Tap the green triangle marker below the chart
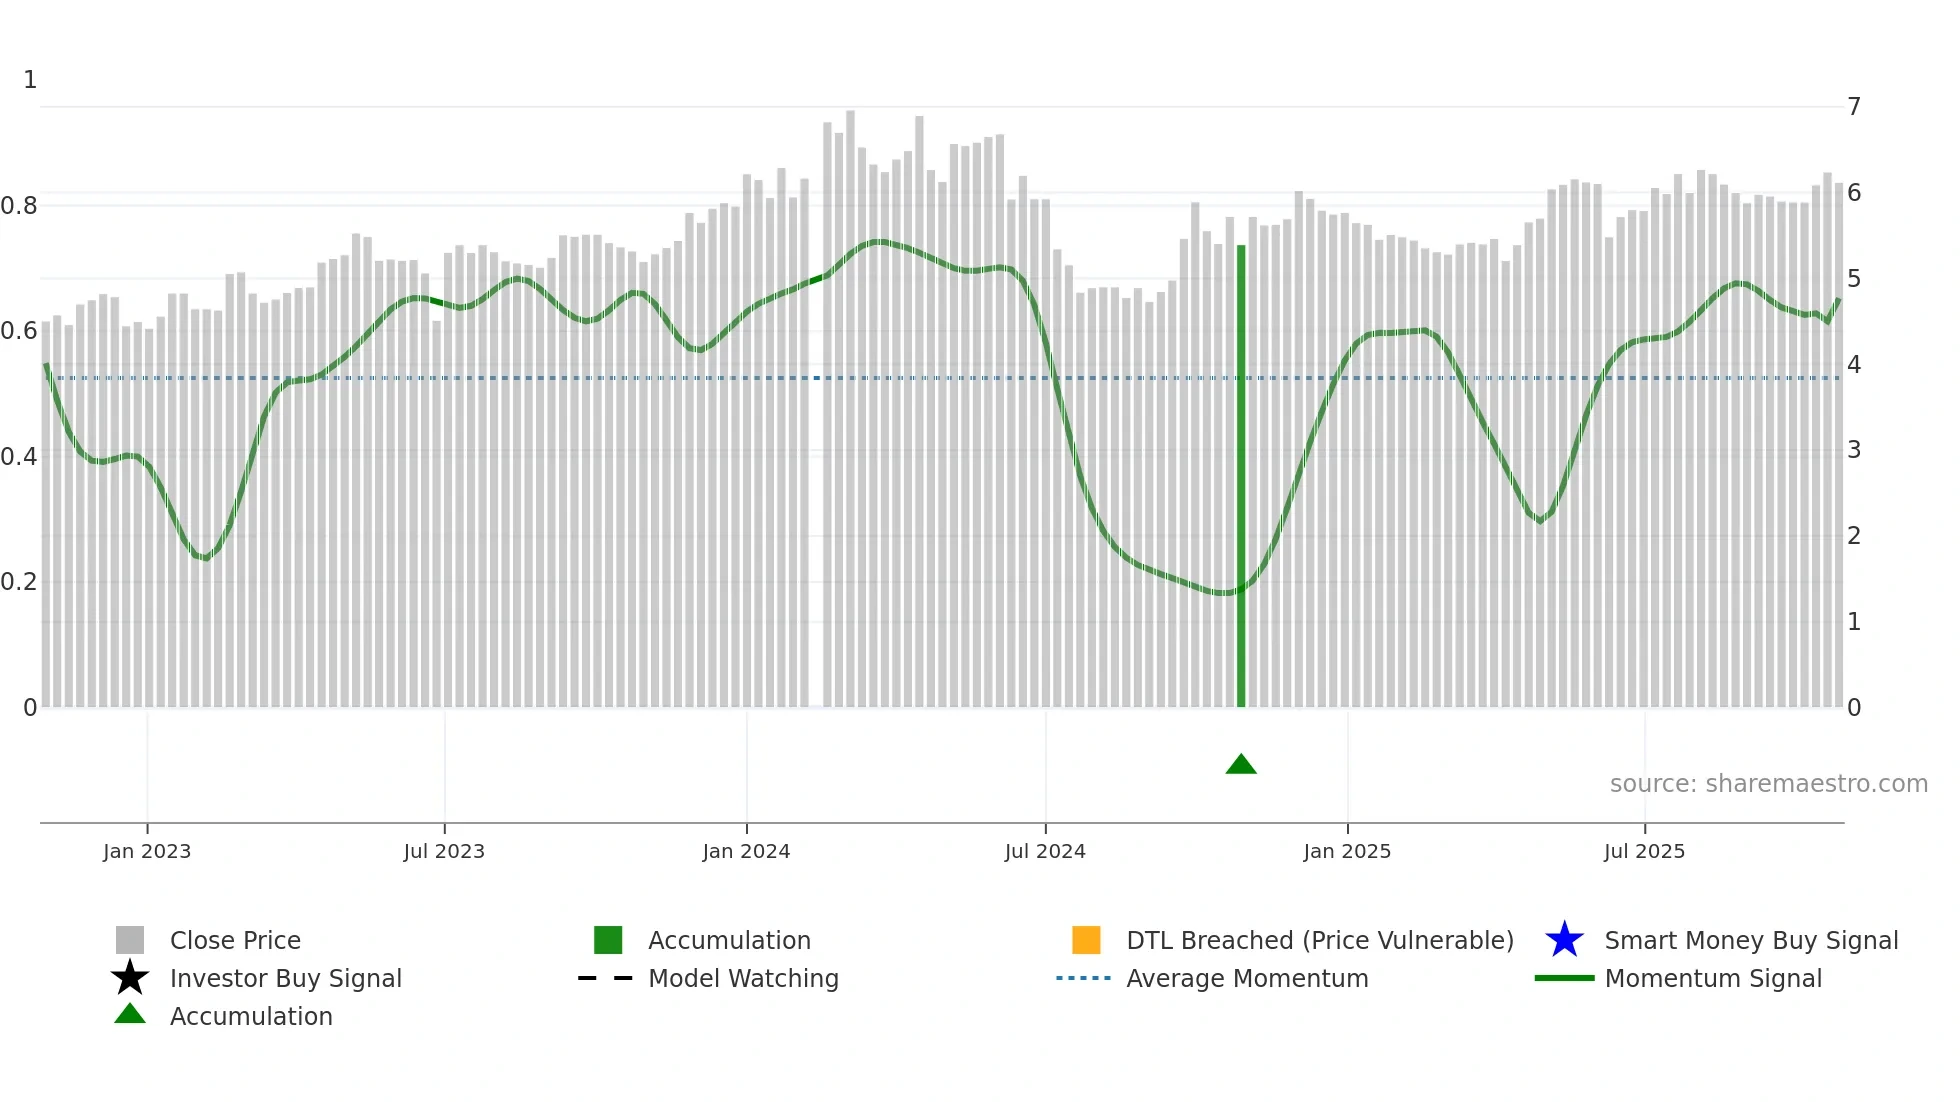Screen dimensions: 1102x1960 [x=1241, y=765]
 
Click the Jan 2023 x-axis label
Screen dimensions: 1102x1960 [x=147, y=851]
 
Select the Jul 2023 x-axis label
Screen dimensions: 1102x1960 [x=444, y=851]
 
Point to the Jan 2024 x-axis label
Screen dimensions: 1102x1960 [x=746, y=851]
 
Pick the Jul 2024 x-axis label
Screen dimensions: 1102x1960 [x=1045, y=851]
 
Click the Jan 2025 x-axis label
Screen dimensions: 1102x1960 [x=1347, y=851]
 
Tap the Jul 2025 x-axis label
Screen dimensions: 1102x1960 [x=1644, y=851]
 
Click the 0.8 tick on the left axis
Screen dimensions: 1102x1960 [x=19, y=206]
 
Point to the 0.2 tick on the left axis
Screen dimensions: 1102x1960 [x=19, y=582]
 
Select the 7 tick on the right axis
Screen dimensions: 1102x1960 [x=1854, y=107]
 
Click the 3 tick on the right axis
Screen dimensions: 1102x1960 [x=1854, y=450]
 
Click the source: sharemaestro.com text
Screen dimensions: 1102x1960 [x=1768, y=784]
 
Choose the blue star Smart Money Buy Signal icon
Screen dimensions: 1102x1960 [x=1564, y=940]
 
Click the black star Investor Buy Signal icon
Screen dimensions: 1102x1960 [x=130, y=978]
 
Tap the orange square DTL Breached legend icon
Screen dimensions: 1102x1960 [x=1086, y=940]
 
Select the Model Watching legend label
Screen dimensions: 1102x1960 [x=743, y=978]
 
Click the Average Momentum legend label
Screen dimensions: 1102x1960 [x=1247, y=978]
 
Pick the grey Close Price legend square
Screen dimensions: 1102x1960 [x=130, y=940]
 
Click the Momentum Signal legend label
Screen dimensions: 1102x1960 [x=1713, y=978]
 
